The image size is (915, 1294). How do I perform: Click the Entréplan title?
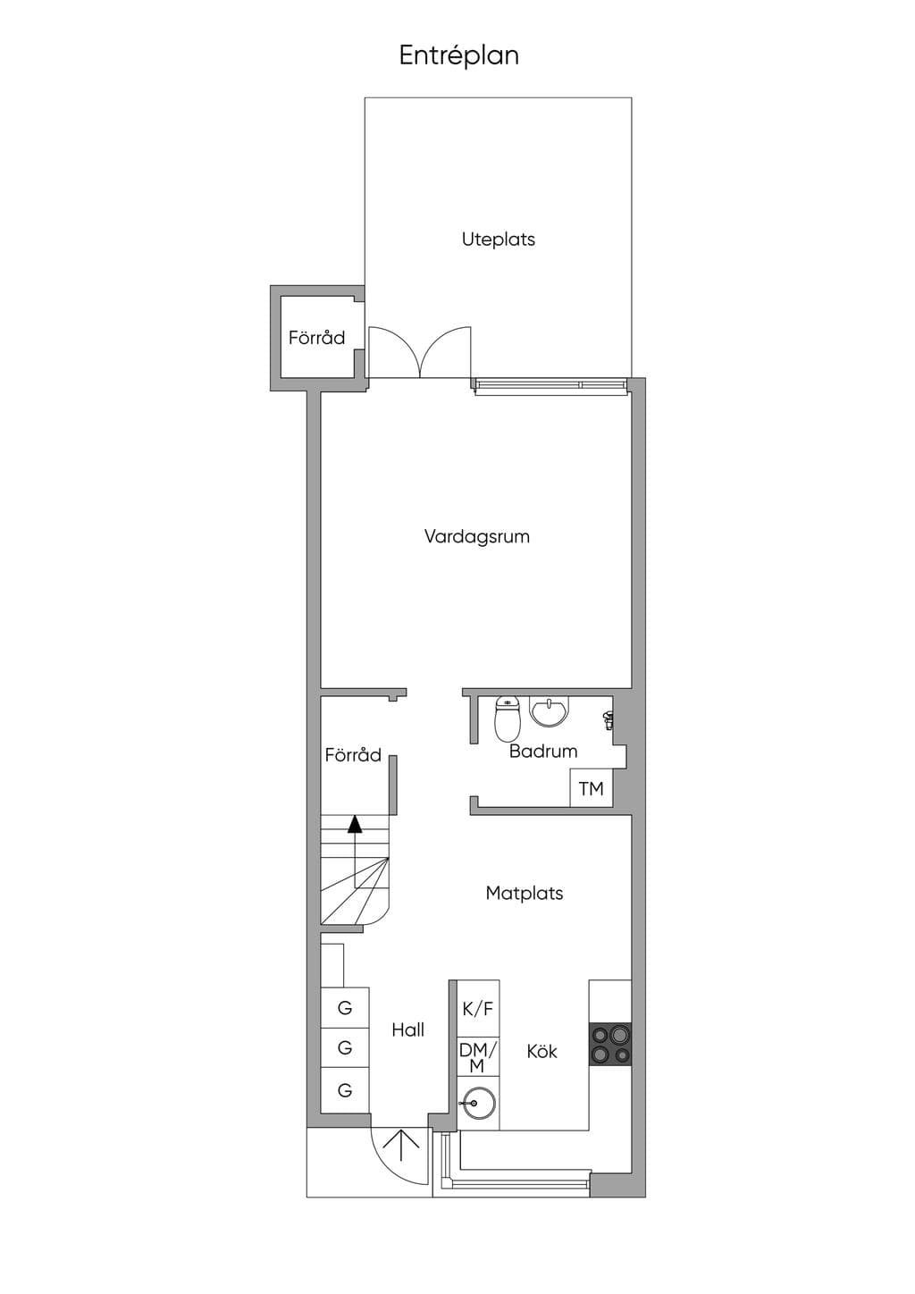(x=458, y=56)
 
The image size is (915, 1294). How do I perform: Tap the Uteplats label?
(x=498, y=239)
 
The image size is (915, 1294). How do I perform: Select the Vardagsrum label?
(x=476, y=537)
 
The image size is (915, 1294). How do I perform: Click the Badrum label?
(x=543, y=751)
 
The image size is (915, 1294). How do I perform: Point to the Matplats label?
(x=524, y=893)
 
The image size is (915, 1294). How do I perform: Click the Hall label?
(x=407, y=1029)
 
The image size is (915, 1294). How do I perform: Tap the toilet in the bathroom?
(x=508, y=718)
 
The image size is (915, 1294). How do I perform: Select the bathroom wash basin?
(x=550, y=711)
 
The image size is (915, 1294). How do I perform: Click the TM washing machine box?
(x=591, y=788)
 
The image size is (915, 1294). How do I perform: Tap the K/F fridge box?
(x=478, y=1009)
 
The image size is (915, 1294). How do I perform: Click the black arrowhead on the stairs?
(x=355, y=824)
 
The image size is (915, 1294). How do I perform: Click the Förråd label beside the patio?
(x=316, y=338)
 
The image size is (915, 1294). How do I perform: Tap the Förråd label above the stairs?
(x=353, y=755)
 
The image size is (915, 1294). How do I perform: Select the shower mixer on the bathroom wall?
(x=608, y=718)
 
